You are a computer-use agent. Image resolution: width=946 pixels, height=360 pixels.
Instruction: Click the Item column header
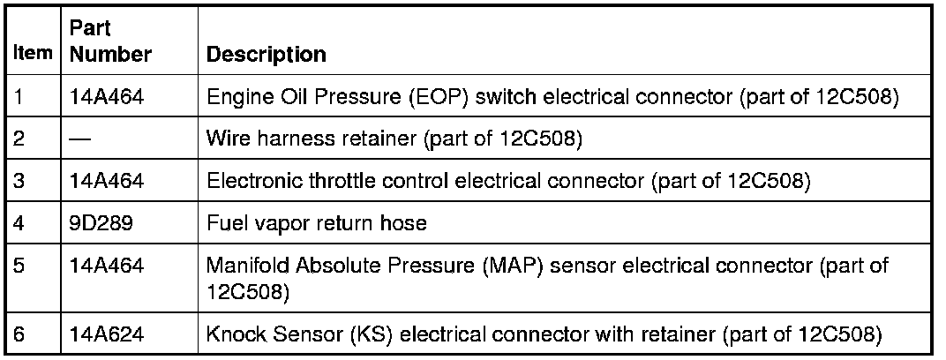pyautogui.click(x=32, y=55)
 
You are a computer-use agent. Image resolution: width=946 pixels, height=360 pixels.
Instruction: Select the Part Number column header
pyautogui.click(x=110, y=43)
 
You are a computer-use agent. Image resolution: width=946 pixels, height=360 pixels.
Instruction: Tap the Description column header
pyautogui.click(x=266, y=55)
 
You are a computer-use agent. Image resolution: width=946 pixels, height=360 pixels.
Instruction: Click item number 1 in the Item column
pyautogui.click(x=19, y=96)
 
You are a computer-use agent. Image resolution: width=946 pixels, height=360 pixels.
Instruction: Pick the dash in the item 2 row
pyautogui.click(x=81, y=139)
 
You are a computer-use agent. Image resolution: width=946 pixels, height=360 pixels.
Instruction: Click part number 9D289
pyautogui.click(x=101, y=223)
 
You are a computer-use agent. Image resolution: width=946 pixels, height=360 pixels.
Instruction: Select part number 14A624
pyautogui.click(x=107, y=334)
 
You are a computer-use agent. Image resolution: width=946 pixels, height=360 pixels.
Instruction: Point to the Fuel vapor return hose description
pyautogui.click(x=316, y=223)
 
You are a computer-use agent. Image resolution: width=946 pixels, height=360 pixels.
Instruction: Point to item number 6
pyautogui.click(x=20, y=334)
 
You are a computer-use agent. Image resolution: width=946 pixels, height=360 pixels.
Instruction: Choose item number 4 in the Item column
pyautogui.click(x=20, y=223)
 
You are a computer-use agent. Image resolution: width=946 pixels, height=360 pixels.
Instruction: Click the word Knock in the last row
pyautogui.click(x=232, y=334)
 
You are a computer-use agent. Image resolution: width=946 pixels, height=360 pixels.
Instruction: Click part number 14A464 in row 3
pyautogui.click(x=107, y=181)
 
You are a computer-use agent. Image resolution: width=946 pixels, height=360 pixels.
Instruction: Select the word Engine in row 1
pyautogui.click(x=234, y=96)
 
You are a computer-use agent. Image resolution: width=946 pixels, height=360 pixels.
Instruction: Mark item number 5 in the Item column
pyautogui.click(x=20, y=265)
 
